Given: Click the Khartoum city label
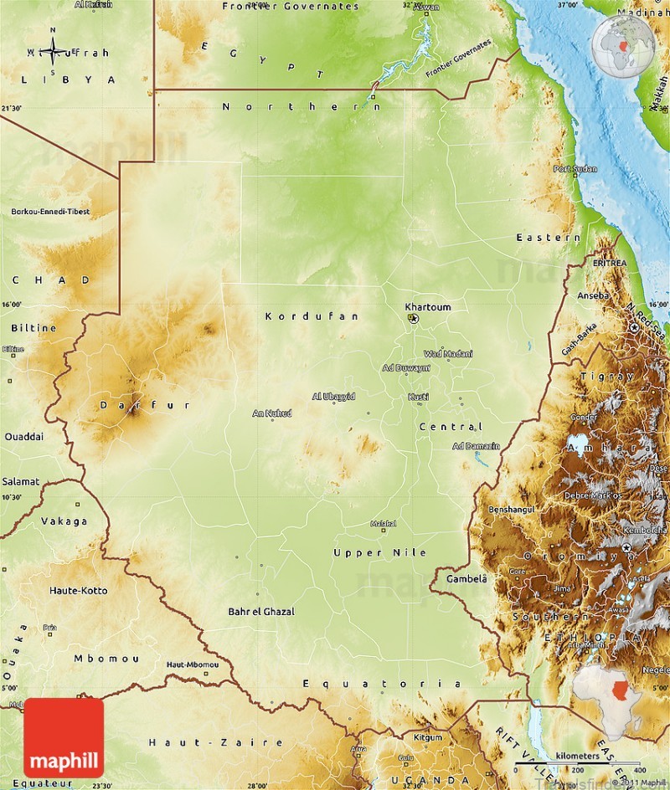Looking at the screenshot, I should (427, 307).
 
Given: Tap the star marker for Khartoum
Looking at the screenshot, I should (413, 319).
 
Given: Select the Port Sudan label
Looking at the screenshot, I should (575, 169).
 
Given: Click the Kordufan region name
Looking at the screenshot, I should (312, 316).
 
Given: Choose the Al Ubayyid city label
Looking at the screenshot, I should (333, 396).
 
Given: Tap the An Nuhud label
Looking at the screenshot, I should (272, 413).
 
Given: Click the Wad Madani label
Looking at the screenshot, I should (448, 353).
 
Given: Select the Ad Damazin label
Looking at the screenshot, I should (476, 446).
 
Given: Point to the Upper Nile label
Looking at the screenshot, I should (379, 552).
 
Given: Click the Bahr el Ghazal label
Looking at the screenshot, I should (261, 612).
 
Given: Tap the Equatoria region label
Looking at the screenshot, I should (382, 684).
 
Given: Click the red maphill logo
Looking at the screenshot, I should (64, 738).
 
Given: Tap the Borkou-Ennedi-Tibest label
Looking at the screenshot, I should (49, 212).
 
